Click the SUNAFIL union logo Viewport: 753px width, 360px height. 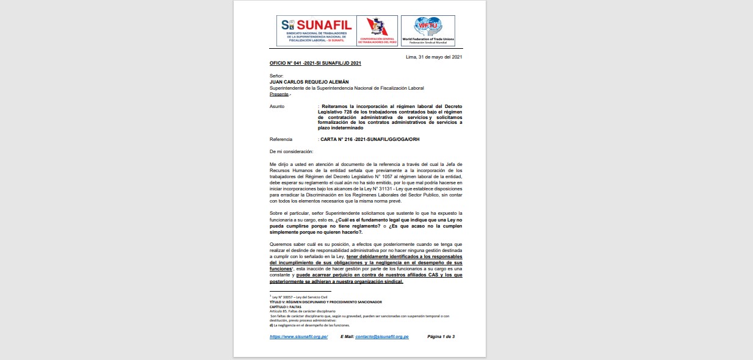(x=315, y=31)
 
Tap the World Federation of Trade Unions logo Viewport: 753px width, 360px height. (x=433, y=31)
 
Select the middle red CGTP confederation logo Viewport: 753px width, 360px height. (x=376, y=31)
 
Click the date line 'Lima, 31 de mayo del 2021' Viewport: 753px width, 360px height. (x=434, y=57)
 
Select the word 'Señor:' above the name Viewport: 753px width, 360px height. (x=276, y=76)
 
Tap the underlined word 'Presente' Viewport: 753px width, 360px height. (x=279, y=94)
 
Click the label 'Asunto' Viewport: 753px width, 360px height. (x=277, y=106)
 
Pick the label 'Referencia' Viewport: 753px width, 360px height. (x=281, y=139)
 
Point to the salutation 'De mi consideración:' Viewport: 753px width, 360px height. (x=291, y=151)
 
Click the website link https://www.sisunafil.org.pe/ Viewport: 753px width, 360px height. (x=298, y=337)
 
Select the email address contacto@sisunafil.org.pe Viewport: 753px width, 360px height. (x=381, y=337)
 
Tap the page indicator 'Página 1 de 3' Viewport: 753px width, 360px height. (x=441, y=337)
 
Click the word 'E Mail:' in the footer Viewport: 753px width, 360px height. (x=347, y=337)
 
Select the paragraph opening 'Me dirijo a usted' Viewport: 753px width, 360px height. (x=289, y=165)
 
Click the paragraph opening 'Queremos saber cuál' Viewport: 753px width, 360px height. (x=292, y=244)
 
